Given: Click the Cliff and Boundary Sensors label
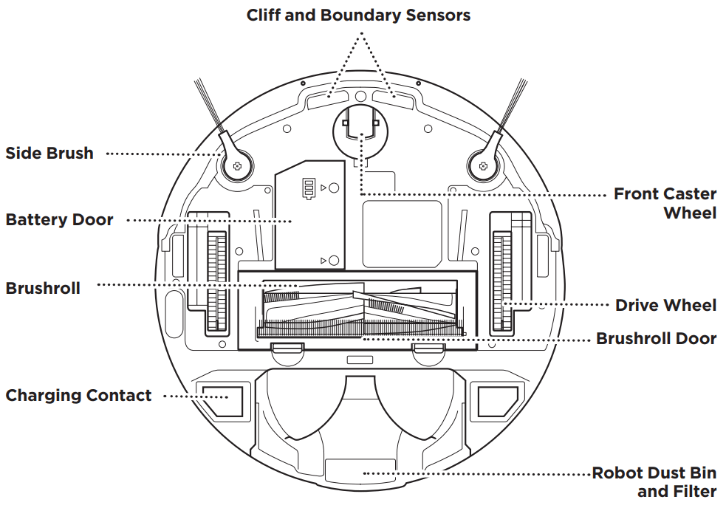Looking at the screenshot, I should coord(358,15).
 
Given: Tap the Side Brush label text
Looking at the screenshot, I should coord(49,154).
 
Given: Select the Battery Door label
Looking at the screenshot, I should coord(59,219).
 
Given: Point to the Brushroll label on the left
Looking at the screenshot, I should coord(43,288).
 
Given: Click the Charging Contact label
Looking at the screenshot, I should coord(78,395).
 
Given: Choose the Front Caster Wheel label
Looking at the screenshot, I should coord(665,203).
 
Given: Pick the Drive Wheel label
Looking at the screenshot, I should coord(665,305).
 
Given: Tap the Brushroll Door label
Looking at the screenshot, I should coord(656,338).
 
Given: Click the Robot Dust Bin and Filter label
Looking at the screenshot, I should coord(654,481).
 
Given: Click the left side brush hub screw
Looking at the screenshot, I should coord(237,167).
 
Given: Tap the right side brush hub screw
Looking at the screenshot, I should coord(483,167).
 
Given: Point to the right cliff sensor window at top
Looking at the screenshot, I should coord(393,97).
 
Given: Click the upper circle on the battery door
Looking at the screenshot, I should coord(334,189).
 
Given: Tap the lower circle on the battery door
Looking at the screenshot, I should coord(334,260).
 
